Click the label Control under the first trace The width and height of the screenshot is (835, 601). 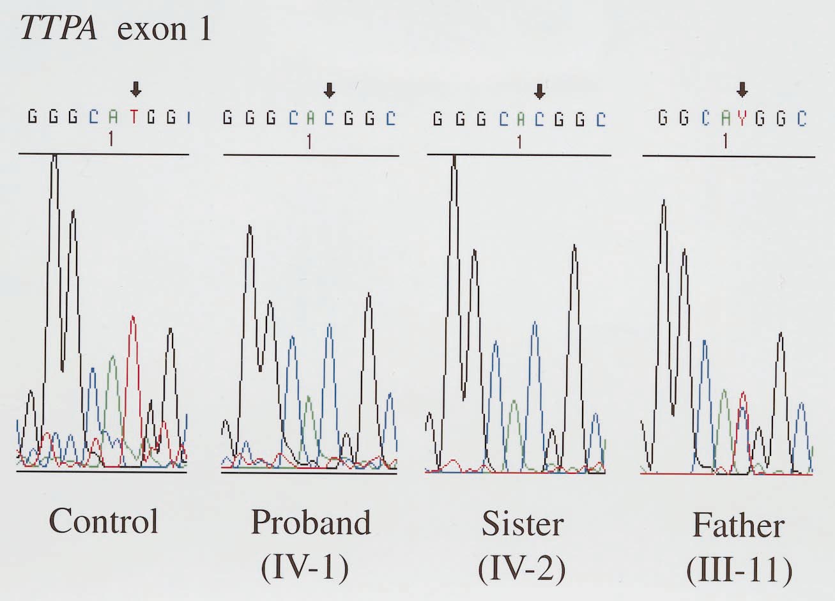pos(104,521)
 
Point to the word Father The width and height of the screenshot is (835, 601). pos(738,526)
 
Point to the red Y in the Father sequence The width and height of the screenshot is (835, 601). pos(742,119)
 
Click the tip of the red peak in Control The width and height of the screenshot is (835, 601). pos(133,317)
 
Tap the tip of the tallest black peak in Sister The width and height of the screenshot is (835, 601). pos(454,156)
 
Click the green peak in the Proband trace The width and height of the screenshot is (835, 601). pos(309,397)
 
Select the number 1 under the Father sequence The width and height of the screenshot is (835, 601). pos(725,142)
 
